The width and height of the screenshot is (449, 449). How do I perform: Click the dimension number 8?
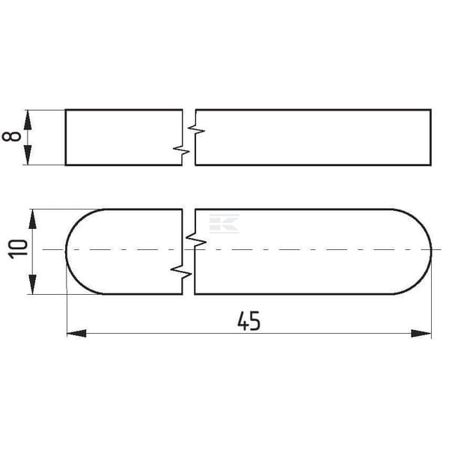tap(11, 137)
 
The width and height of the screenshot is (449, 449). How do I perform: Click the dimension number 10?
tap(18, 249)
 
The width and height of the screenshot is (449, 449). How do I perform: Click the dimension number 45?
tap(249, 321)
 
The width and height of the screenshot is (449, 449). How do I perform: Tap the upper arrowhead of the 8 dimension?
tap(28, 120)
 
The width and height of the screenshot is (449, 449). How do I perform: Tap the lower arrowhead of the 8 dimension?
tap(28, 155)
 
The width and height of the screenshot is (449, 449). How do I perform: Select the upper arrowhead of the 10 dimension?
tap(32, 219)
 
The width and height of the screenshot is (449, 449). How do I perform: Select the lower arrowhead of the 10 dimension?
tap(32, 284)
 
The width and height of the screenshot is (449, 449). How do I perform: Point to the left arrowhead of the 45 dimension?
tap(76, 333)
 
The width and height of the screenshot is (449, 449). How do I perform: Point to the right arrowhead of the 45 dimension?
tap(421, 333)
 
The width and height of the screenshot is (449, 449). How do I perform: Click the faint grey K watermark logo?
tap(224, 224)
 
